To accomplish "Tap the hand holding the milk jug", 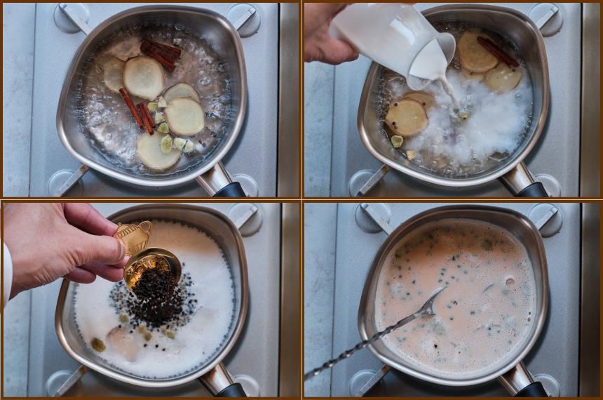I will click(x=325, y=32).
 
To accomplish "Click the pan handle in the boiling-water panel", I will click(x=224, y=184).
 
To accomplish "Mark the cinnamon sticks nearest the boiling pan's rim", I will click(x=161, y=54).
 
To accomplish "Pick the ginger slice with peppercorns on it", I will click(x=407, y=116).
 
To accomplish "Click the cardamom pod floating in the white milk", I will click(x=98, y=344).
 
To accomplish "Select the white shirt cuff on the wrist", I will click(x=6, y=274).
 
